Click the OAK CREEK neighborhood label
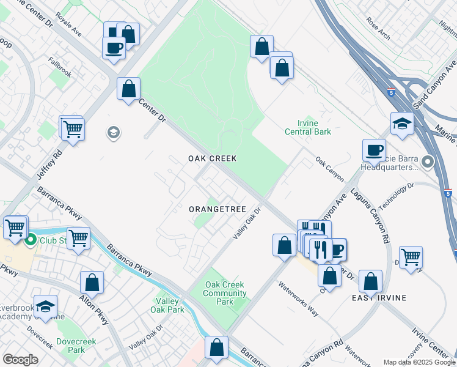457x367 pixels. tap(212, 158)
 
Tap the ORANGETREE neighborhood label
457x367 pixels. tap(217, 209)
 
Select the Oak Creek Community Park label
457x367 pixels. tap(225, 294)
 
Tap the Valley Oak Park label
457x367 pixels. tap(167, 305)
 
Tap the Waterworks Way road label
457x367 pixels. tap(299, 298)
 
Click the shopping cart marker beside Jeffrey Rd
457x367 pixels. tap(73, 129)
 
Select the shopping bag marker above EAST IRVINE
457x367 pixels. tap(370, 282)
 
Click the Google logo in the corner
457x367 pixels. tap(20, 360)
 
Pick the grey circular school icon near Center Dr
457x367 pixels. tap(113, 132)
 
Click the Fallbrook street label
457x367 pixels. tap(60, 74)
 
